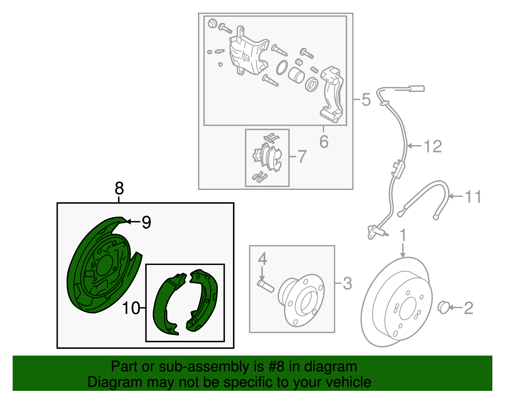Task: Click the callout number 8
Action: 119,189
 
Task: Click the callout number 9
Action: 146,222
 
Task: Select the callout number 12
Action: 433,146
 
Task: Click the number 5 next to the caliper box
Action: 366,100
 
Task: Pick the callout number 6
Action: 324,142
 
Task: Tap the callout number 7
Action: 302,156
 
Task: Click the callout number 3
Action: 347,283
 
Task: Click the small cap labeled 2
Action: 444,307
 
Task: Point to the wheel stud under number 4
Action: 266,285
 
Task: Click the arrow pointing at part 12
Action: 414,146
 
